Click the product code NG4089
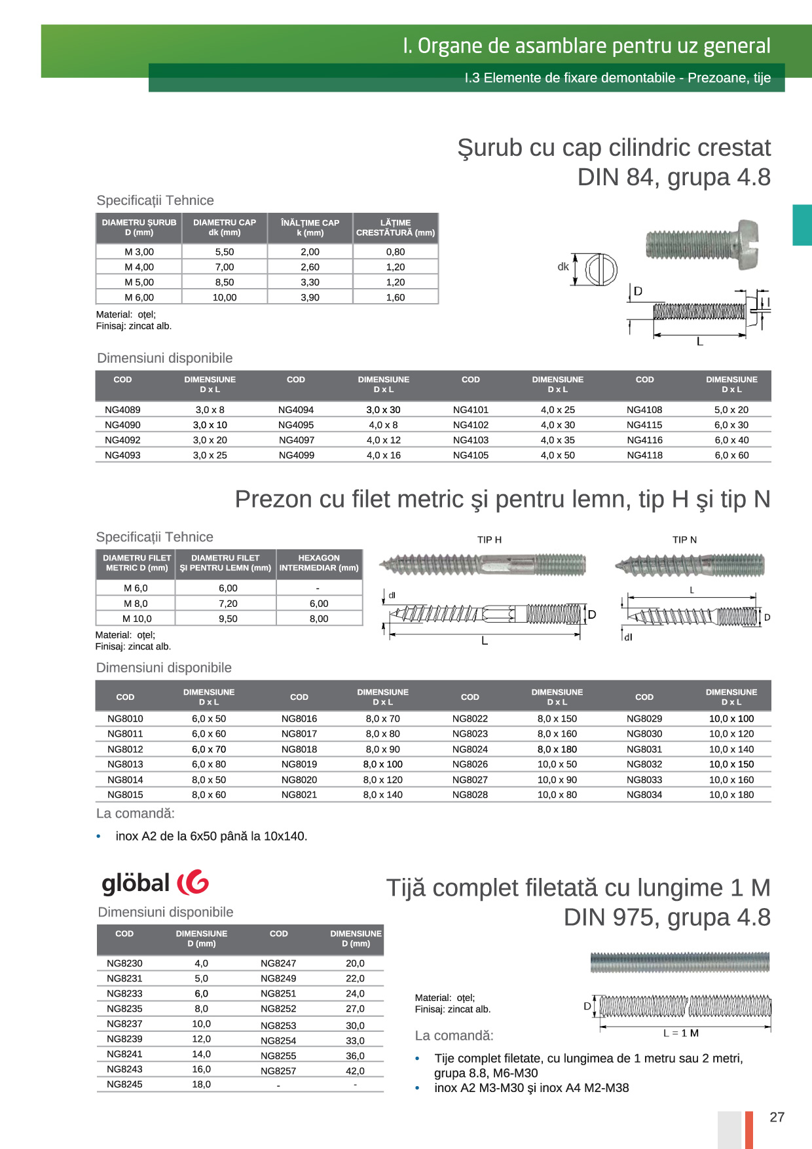122,410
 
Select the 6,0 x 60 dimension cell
731,455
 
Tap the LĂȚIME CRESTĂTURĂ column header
396,227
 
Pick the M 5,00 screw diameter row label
139,282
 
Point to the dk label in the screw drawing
563,266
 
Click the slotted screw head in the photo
748,244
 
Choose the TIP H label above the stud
489,539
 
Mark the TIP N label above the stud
684,539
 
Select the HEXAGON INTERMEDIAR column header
319,563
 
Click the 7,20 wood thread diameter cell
228,604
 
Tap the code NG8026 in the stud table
470,764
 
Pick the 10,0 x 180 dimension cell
731,795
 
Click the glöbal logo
155,883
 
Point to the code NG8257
278,1071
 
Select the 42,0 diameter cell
355,1071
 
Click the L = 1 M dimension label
681,1033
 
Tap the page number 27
777,1117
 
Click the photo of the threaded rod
680,962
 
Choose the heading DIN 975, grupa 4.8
667,917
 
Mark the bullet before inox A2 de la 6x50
99,837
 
